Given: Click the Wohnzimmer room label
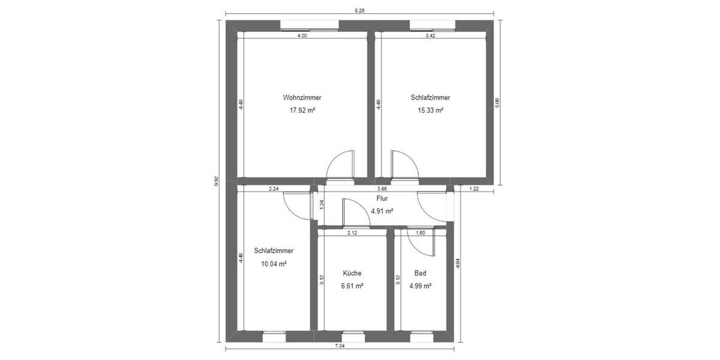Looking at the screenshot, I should [x=302, y=97].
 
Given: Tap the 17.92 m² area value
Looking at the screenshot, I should [x=302, y=110].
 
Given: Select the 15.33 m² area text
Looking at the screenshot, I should [x=430, y=110].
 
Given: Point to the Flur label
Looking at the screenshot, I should [x=382, y=198].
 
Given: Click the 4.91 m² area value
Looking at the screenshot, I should [x=382, y=211].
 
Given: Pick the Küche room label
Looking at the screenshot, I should [x=352, y=273].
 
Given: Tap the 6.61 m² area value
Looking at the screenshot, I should [x=352, y=286].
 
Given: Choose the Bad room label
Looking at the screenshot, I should [x=420, y=273].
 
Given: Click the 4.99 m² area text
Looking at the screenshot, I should [x=420, y=286].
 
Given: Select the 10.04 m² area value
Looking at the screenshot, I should [x=273, y=263].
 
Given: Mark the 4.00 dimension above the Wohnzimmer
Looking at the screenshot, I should [x=302, y=36].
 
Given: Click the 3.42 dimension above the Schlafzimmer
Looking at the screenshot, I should [x=430, y=36].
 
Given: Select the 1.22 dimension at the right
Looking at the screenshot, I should [x=474, y=189].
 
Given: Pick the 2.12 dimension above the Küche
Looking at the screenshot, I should [x=352, y=233].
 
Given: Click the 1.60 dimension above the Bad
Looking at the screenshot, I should [x=420, y=233].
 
